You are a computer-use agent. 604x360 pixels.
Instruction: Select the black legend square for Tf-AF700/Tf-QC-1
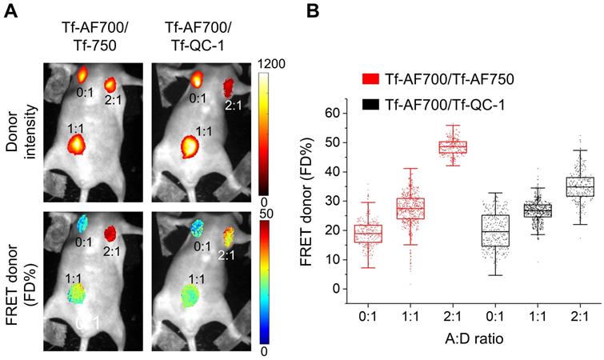tap(370, 104)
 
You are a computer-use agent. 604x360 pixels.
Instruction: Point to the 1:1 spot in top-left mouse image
tap(77, 145)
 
